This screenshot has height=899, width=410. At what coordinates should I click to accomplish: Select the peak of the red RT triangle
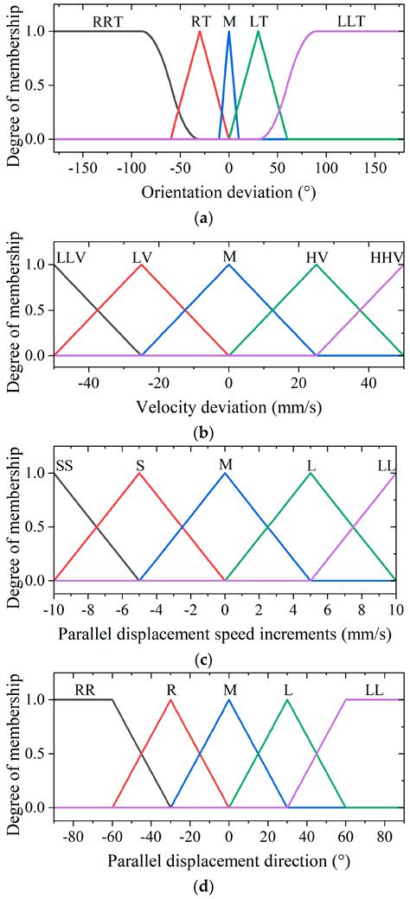pyautogui.click(x=200, y=31)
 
